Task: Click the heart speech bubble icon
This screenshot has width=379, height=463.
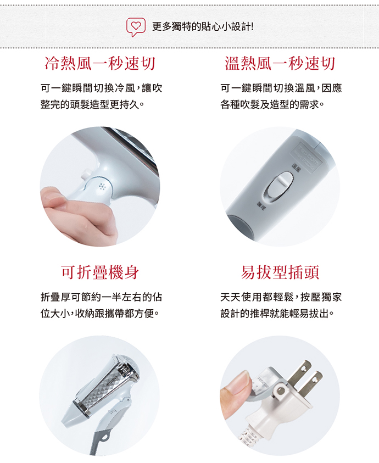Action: tap(136, 27)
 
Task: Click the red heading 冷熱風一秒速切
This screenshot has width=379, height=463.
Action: tap(100, 64)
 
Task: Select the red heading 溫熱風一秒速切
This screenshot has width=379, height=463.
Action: tap(280, 64)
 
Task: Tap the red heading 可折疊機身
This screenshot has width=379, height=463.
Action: tap(100, 272)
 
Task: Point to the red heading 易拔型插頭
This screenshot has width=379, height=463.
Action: tap(280, 272)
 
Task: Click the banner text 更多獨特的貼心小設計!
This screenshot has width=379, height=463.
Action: tap(203, 27)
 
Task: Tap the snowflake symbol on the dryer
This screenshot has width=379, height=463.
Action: tap(103, 187)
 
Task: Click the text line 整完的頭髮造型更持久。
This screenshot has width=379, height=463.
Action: tap(92, 104)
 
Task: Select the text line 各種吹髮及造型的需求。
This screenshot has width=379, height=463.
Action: tap(272, 104)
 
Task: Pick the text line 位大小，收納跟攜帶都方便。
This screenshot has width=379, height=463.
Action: tap(100, 314)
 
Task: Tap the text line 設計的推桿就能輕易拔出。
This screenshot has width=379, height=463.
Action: tap(277, 314)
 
